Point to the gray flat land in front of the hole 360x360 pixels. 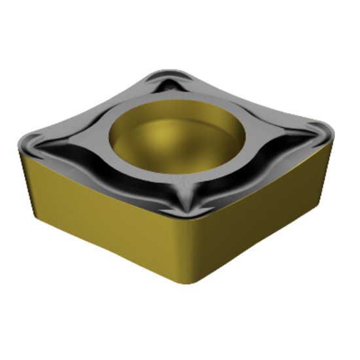coord(183,180)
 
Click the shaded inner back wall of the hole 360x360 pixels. coord(177,118)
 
